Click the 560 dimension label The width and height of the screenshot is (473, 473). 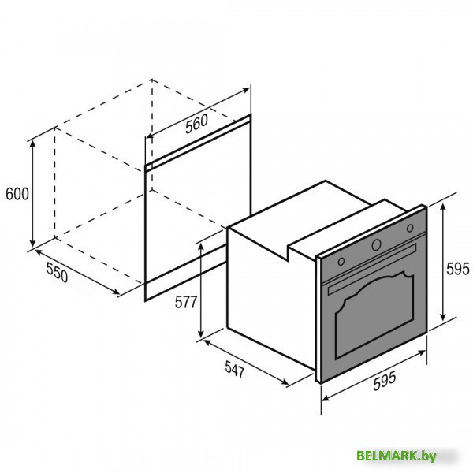tap(196, 124)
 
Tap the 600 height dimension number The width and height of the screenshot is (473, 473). tap(17, 194)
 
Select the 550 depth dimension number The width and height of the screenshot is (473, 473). tap(57, 272)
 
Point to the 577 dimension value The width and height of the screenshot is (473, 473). tap(186, 302)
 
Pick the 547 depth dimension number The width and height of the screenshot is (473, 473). tap(234, 369)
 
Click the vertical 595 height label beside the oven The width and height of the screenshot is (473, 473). tap(457, 269)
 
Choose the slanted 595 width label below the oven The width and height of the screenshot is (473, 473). tap(384, 382)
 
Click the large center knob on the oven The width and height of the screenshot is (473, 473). tap(376, 244)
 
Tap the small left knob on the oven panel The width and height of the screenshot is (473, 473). tap(341, 261)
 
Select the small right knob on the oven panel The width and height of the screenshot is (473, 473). tap(410, 228)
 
